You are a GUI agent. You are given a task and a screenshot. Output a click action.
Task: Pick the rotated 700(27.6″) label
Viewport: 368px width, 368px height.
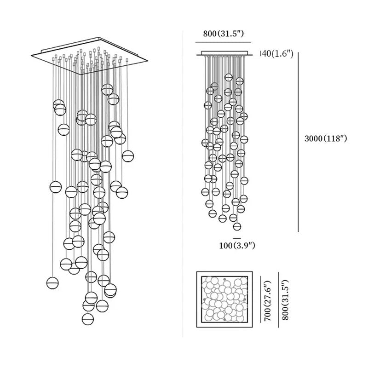click(x=267, y=299)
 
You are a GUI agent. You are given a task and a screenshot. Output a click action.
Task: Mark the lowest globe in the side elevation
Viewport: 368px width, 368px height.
click(x=237, y=226)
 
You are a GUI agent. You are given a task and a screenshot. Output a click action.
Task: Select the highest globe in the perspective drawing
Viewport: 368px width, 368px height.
click(x=107, y=89)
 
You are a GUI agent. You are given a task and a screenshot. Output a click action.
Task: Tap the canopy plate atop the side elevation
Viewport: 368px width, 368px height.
click(x=225, y=54)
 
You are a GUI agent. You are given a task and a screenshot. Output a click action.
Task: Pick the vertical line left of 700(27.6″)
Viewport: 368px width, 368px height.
click(x=260, y=299)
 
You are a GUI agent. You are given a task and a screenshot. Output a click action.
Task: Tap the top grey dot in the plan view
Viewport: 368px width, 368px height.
click(x=224, y=279)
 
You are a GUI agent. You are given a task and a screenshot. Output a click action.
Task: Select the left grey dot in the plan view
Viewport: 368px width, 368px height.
click(x=204, y=299)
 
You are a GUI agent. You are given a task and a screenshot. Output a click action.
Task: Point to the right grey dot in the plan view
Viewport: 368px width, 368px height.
click(x=245, y=299)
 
